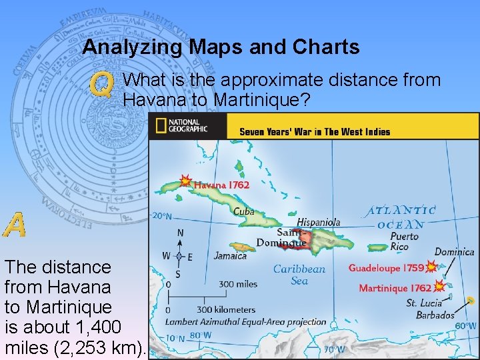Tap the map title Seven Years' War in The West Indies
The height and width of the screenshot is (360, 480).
(315, 132)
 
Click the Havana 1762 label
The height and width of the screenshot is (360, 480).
(221, 185)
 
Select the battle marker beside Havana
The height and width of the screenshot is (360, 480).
(185, 181)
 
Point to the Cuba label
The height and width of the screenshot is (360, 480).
(243, 211)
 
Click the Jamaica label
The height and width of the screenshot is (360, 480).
(231, 255)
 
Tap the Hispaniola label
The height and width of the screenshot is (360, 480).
(318, 222)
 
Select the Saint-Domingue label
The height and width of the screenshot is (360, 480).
(291, 237)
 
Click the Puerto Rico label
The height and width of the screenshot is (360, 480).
(404, 241)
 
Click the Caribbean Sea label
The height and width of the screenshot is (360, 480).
(299, 275)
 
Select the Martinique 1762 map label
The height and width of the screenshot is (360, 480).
(395, 288)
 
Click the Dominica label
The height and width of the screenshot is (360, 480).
(455, 252)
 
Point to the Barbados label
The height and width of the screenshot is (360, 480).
(435, 315)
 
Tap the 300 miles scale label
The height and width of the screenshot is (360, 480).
(237, 284)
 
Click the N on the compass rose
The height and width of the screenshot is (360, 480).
(180, 233)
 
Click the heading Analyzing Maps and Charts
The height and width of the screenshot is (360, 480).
(221, 47)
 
